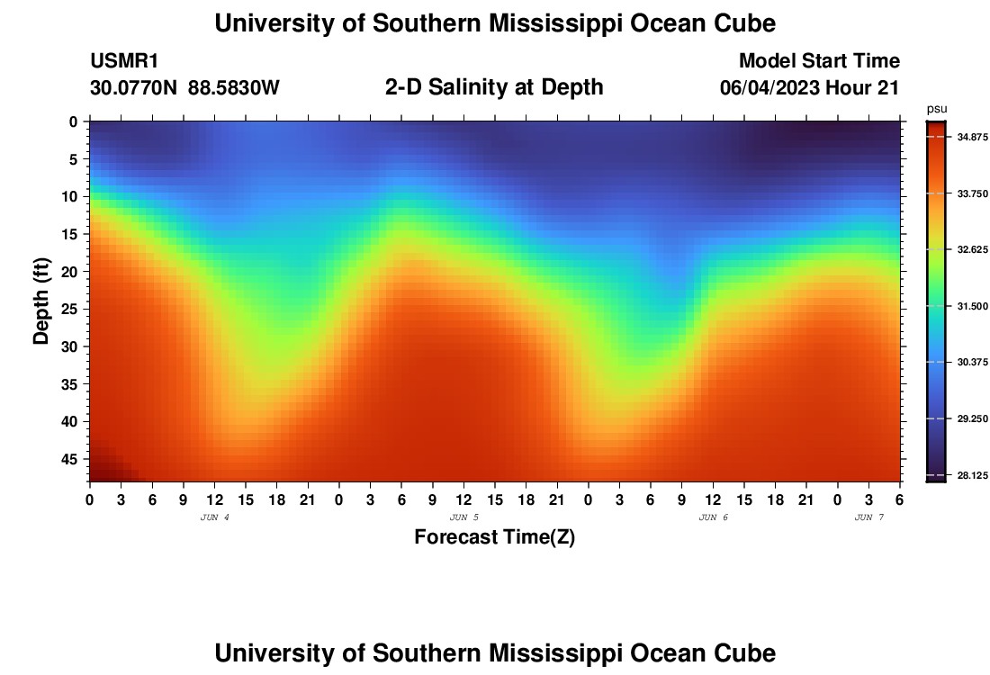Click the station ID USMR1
(123, 61)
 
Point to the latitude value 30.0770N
(132, 87)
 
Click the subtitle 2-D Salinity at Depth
(494, 87)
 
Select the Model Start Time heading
(818, 61)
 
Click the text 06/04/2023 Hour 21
(809, 87)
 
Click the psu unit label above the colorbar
(937, 109)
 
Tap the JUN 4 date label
(214, 517)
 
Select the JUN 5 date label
(463, 517)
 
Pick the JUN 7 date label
(868, 517)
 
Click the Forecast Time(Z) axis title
(494, 537)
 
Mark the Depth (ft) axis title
(41, 301)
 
